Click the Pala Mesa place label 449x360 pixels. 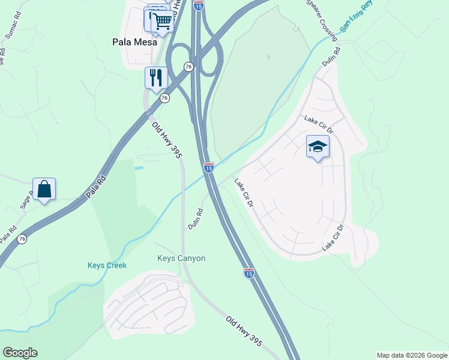[135, 42]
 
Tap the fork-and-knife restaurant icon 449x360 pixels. [155, 77]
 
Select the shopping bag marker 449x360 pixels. [44, 189]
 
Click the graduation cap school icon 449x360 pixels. [318, 146]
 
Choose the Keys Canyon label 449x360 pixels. [181, 259]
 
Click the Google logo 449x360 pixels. [20, 353]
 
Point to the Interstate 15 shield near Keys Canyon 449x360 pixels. [249, 273]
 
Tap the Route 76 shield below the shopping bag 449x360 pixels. [22, 239]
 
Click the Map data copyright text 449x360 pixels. [412, 355]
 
